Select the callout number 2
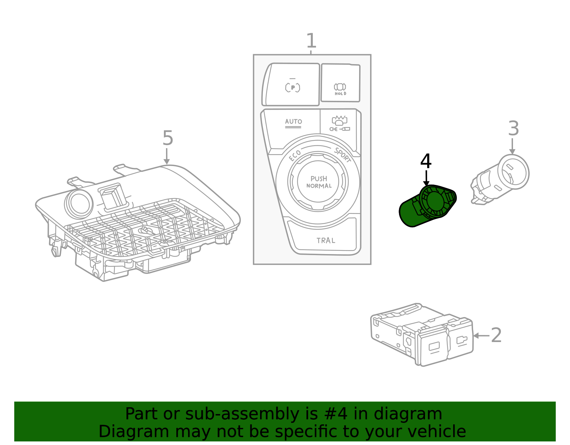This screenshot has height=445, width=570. pyautogui.click(x=496, y=335)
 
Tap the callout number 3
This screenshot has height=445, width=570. pyautogui.click(x=513, y=128)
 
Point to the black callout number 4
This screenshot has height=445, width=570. pyautogui.click(x=426, y=161)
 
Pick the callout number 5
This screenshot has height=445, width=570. pyautogui.click(x=167, y=138)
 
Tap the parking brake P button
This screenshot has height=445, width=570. pyautogui.click(x=292, y=87)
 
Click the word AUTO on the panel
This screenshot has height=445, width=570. pyautogui.click(x=294, y=121)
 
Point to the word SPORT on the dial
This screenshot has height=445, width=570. pyautogui.click(x=343, y=155)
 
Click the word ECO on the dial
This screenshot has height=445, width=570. pyautogui.click(x=295, y=155)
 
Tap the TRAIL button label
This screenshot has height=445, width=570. pyautogui.click(x=326, y=240)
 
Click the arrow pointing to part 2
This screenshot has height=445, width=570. pyautogui.click(x=481, y=336)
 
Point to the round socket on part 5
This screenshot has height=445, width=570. pyautogui.click(x=79, y=203)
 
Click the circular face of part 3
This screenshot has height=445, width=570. pyautogui.click(x=513, y=172)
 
